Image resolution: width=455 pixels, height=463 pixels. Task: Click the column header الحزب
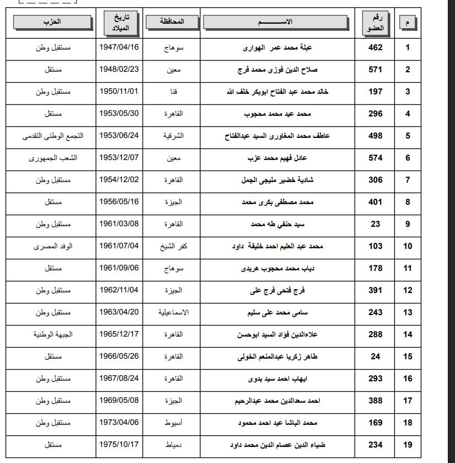coord(52,22)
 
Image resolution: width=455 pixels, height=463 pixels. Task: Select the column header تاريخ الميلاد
coord(119,22)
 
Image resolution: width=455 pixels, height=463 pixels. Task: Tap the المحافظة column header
coord(172,22)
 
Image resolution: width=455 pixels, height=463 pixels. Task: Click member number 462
coord(375,47)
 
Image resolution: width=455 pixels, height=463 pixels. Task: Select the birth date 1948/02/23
coord(119,70)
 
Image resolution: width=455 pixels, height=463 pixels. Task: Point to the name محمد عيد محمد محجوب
coord(278,114)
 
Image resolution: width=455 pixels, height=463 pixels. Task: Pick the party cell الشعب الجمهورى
coord(53,158)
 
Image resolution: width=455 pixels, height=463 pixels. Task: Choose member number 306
coord(375,180)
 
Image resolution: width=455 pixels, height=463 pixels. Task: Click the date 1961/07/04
coord(119,246)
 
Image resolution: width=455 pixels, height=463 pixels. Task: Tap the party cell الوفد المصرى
coord(53,246)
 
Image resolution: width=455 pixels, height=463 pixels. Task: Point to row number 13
coord(408,312)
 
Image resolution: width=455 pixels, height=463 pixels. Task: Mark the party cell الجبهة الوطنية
coord(53,334)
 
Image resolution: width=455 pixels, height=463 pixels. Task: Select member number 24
coord(375,356)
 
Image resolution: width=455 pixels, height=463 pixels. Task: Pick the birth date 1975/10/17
coord(119,445)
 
